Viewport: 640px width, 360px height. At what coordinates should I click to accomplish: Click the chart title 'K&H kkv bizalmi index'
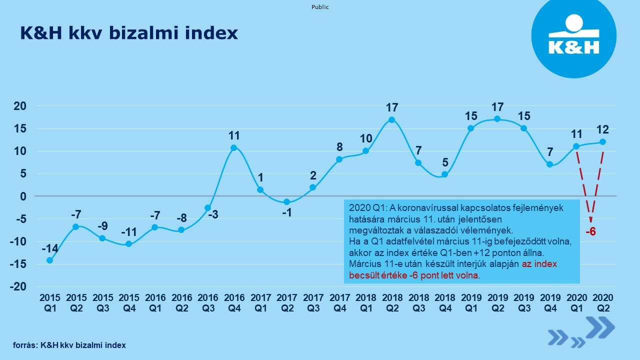pyautogui.click(x=128, y=33)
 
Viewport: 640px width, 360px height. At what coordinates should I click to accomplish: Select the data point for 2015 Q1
pyautogui.click(x=49, y=260)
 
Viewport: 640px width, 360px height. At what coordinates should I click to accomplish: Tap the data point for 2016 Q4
pyautogui.click(x=233, y=147)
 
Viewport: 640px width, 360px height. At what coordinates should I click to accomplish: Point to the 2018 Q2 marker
pyautogui.click(x=391, y=119)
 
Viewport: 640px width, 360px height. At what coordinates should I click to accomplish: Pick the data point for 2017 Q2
pyautogui.click(x=286, y=202)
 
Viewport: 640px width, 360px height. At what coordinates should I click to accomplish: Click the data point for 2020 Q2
pyautogui.click(x=602, y=142)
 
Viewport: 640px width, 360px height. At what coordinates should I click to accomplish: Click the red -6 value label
pyautogui.click(x=590, y=231)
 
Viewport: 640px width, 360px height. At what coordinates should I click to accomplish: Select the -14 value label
pyautogui.click(x=49, y=248)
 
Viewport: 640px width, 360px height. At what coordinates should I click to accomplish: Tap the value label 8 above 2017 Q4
pyautogui.click(x=339, y=147)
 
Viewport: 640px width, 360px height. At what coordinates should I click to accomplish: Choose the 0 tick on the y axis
pyautogui.click(x=23, y=196)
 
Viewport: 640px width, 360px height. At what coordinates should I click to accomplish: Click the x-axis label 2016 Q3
pyautogui.click(x=207, y=303)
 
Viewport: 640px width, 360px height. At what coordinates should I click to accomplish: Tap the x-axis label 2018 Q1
pyautogui.click(x=365, y=303)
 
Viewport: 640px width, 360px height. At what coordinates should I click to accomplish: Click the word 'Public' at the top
pyautogui.click(x=320, y=7)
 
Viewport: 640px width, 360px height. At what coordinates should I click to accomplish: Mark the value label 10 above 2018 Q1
pyautogui.click(x=365, y=138)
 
